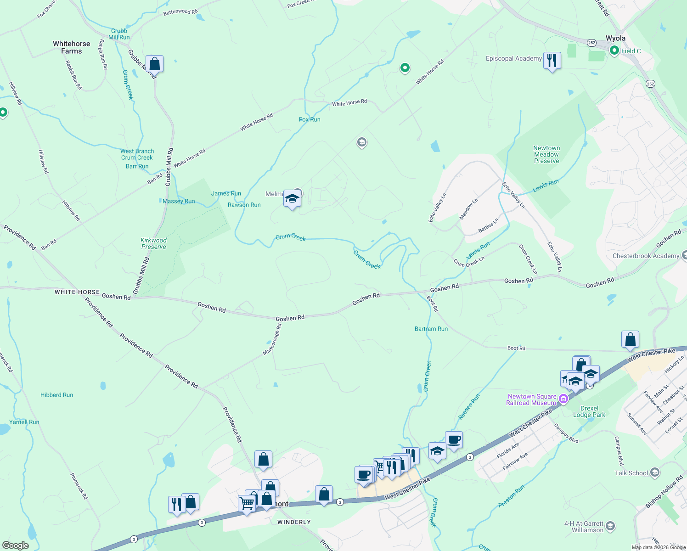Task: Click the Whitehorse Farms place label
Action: (71, 47)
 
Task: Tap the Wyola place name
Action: (615, 38)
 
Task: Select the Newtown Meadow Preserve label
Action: (546, 154)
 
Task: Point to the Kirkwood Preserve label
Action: (154, 243)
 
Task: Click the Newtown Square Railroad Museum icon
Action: (563, 399)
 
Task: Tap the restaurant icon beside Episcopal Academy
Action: (552, 60)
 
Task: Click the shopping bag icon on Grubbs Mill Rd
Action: (154, 64)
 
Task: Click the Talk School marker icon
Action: (655, 472)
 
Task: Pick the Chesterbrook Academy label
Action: (646, 256)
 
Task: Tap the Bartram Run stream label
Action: (431, 329)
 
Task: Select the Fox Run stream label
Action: (310, 119)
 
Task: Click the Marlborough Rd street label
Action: (272, 339)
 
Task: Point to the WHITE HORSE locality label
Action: (77, 292)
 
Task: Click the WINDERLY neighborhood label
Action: (294, 522)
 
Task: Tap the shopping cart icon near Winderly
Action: (247, 504)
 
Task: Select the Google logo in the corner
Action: (16, 545)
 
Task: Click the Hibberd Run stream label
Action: (56, 395)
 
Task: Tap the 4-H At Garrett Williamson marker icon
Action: (610, 526)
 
